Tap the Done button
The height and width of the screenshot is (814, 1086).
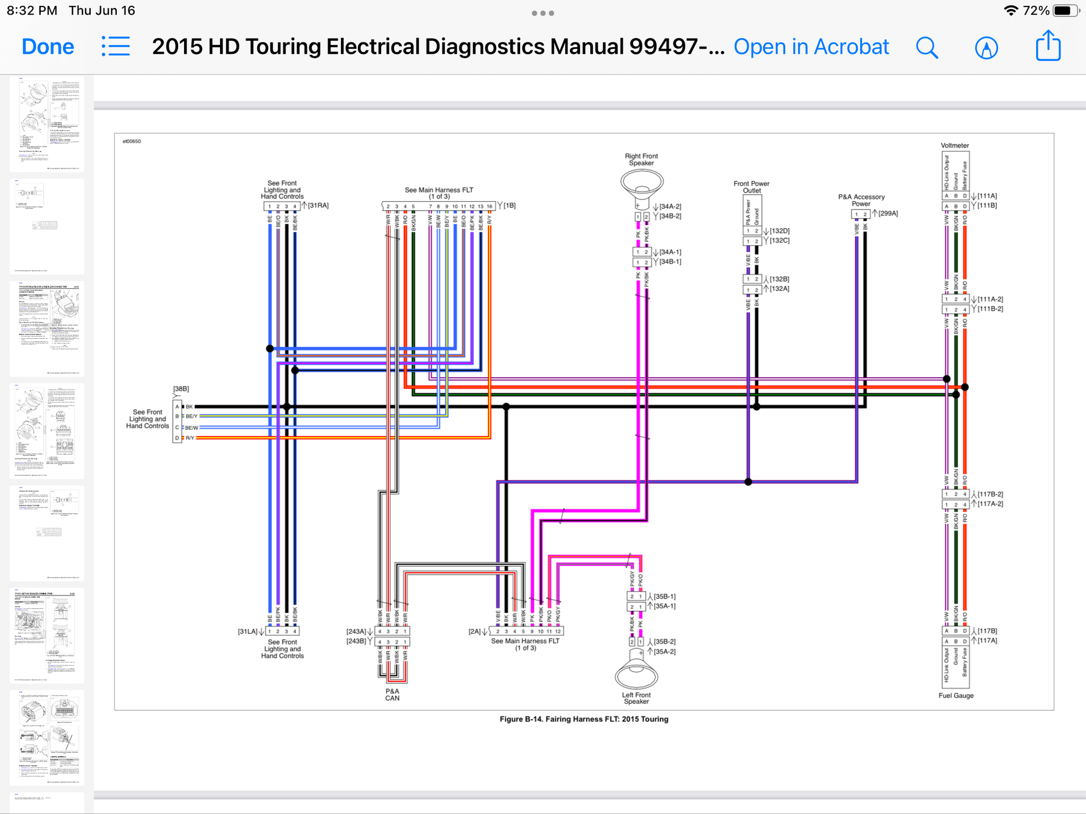(x=48, y=47)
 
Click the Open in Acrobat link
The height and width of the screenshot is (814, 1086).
(x=811, y=47)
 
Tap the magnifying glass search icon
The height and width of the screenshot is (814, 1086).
(x=927, y=48)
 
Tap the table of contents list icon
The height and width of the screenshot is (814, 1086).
(x=116, y=47)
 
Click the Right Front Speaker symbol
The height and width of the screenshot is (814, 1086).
(x=642, y=185)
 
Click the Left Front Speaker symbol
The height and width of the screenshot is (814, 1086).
(x=636, y=673)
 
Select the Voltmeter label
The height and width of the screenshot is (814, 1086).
(x=955, y=145)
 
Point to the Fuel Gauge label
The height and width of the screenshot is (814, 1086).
(x=956, y=696)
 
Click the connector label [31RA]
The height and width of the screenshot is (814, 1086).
(x=318, y=206)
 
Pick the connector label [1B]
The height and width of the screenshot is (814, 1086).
(x=509, y=206)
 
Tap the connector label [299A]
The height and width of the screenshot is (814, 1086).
(x=888, y=214)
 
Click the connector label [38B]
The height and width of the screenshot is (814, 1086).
(x=181, y=389)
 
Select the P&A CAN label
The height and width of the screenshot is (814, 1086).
(x=392, y=695)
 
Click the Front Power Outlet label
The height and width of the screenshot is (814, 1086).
(x=752, y=187)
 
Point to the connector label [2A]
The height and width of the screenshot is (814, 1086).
(x=475, y=632)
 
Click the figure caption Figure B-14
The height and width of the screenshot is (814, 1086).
(x=584, y=719)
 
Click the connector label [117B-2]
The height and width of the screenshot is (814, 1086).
(x=990, y=494)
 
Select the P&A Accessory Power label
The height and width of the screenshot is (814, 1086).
(x=861, y=200)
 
